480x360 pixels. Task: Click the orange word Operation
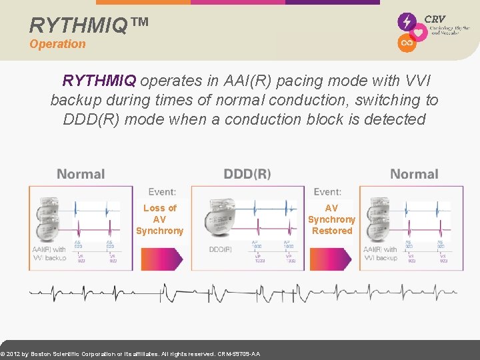[x=57, y=44]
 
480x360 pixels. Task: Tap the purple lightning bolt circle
[x=407, y=21]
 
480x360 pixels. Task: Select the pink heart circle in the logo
[x=419, y=33]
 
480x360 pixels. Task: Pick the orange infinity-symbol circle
[x=407, y=43]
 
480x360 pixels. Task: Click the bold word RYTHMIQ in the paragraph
[x=99, y=81]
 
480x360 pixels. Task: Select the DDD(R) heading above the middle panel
[x=247, y=174]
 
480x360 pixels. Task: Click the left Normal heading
[x=81, y=174]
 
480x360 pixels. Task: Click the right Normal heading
[x=414, y=174]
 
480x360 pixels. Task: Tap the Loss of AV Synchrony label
[x=159, y=219]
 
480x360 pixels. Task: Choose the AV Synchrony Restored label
[x=331, y=219]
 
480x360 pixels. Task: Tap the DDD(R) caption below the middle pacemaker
[x=221, y=249]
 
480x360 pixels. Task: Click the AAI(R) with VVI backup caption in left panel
[x=49, y=253]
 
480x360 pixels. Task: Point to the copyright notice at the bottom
[x=131, y=354]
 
